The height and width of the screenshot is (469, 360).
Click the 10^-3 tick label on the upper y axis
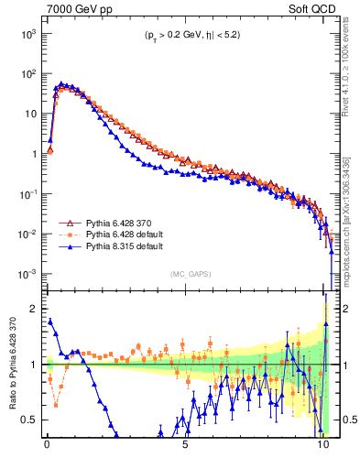pyautogui.click(x=26, y=275)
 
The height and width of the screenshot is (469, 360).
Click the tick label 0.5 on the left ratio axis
pyautogui.click(x=29, y=420)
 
